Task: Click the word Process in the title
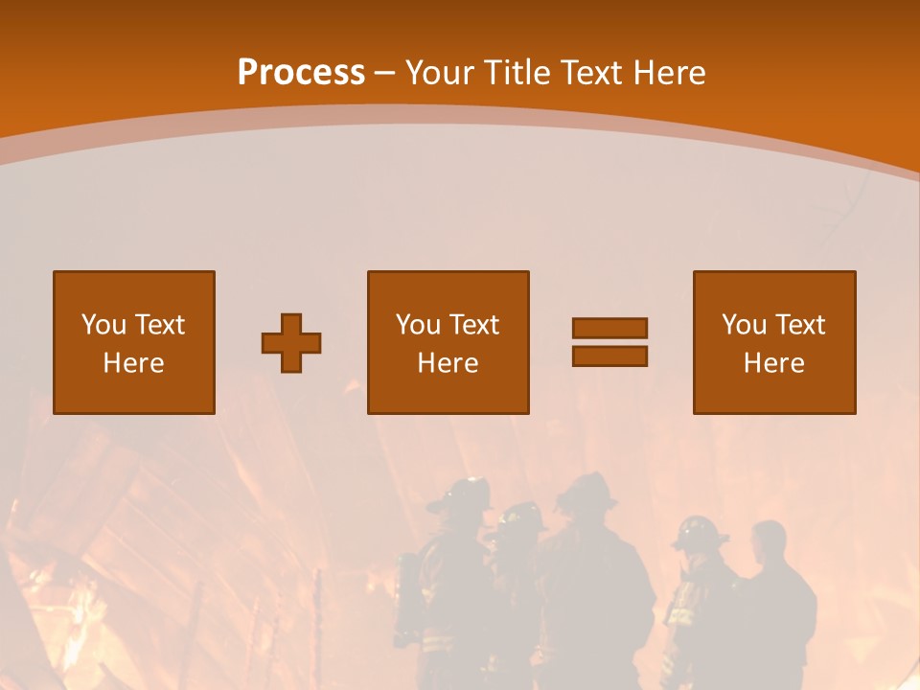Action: (301, 73)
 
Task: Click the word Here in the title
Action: (670, 73)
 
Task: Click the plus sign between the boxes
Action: (291, 343)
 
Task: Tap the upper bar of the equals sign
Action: (609, 328)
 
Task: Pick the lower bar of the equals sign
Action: (609, 356)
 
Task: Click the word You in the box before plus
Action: (103, 325)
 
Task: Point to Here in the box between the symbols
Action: (448, 363)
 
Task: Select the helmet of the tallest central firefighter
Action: (585, 491)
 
